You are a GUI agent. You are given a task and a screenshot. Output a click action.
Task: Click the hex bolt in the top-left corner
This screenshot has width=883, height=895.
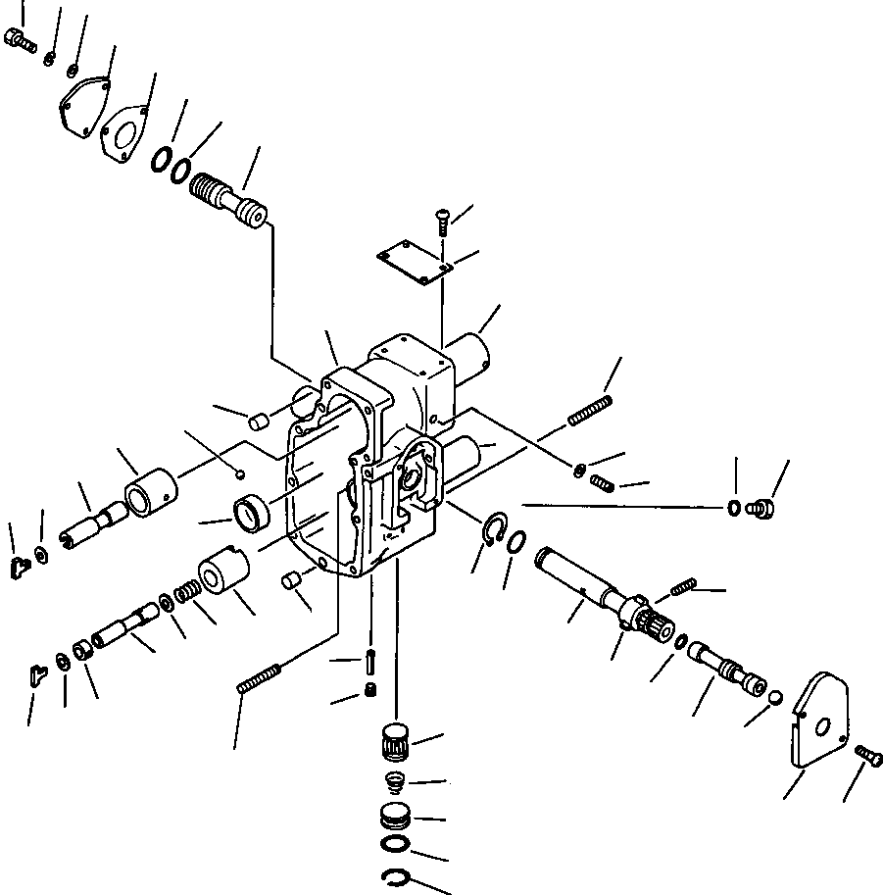20,40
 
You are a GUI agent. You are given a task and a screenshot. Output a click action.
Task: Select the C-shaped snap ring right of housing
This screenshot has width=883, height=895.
497,528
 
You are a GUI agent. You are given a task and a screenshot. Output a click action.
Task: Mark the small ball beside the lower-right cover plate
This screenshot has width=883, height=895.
774,698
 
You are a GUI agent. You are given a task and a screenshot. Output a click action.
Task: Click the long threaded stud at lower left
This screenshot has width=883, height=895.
260,677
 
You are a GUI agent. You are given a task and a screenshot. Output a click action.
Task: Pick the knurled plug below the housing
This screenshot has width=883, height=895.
396,741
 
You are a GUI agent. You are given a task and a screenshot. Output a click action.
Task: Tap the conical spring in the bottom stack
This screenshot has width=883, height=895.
394,784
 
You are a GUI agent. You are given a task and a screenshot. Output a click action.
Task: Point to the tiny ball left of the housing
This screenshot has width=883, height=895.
240,475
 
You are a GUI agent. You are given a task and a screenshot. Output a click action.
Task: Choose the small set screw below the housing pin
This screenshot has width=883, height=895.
370,693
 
